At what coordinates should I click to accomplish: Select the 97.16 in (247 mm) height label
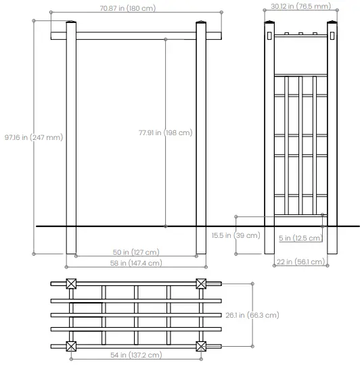pyautogui.click(x=34, y=137)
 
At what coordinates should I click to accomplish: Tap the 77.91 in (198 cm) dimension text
pyautogui.click(x=165, y=133)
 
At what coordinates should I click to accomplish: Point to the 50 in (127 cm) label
pyautogui.click(x=135, y=252)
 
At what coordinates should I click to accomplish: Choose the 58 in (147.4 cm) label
pyautogui.click(x=136, y=263)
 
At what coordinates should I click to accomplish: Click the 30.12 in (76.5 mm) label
pyautogui.click(x=300, y=6)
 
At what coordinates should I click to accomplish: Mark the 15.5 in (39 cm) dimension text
pyautogui.click(x=235, y=235)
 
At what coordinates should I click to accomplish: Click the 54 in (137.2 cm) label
pyautogui.click(x=136, y=355)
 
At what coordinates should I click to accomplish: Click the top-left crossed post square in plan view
pyautogui.click(x=70, y=285)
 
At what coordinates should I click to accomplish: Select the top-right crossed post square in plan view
pyautogui.click(x=201, y=285)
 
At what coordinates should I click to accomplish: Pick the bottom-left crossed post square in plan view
pyautogui.click(x=70, y=346)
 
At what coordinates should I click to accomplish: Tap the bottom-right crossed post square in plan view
pyautogui.click(x=201, y=346)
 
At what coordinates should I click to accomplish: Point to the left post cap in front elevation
pyautogui.click(x=70, y=26)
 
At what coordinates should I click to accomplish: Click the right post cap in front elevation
pyautogui.click(x=200, y=26)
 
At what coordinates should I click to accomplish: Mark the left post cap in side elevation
pyautogui.click(x=269, y=26)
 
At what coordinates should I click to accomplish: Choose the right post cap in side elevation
pyautogui.click(x=332, y=26)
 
